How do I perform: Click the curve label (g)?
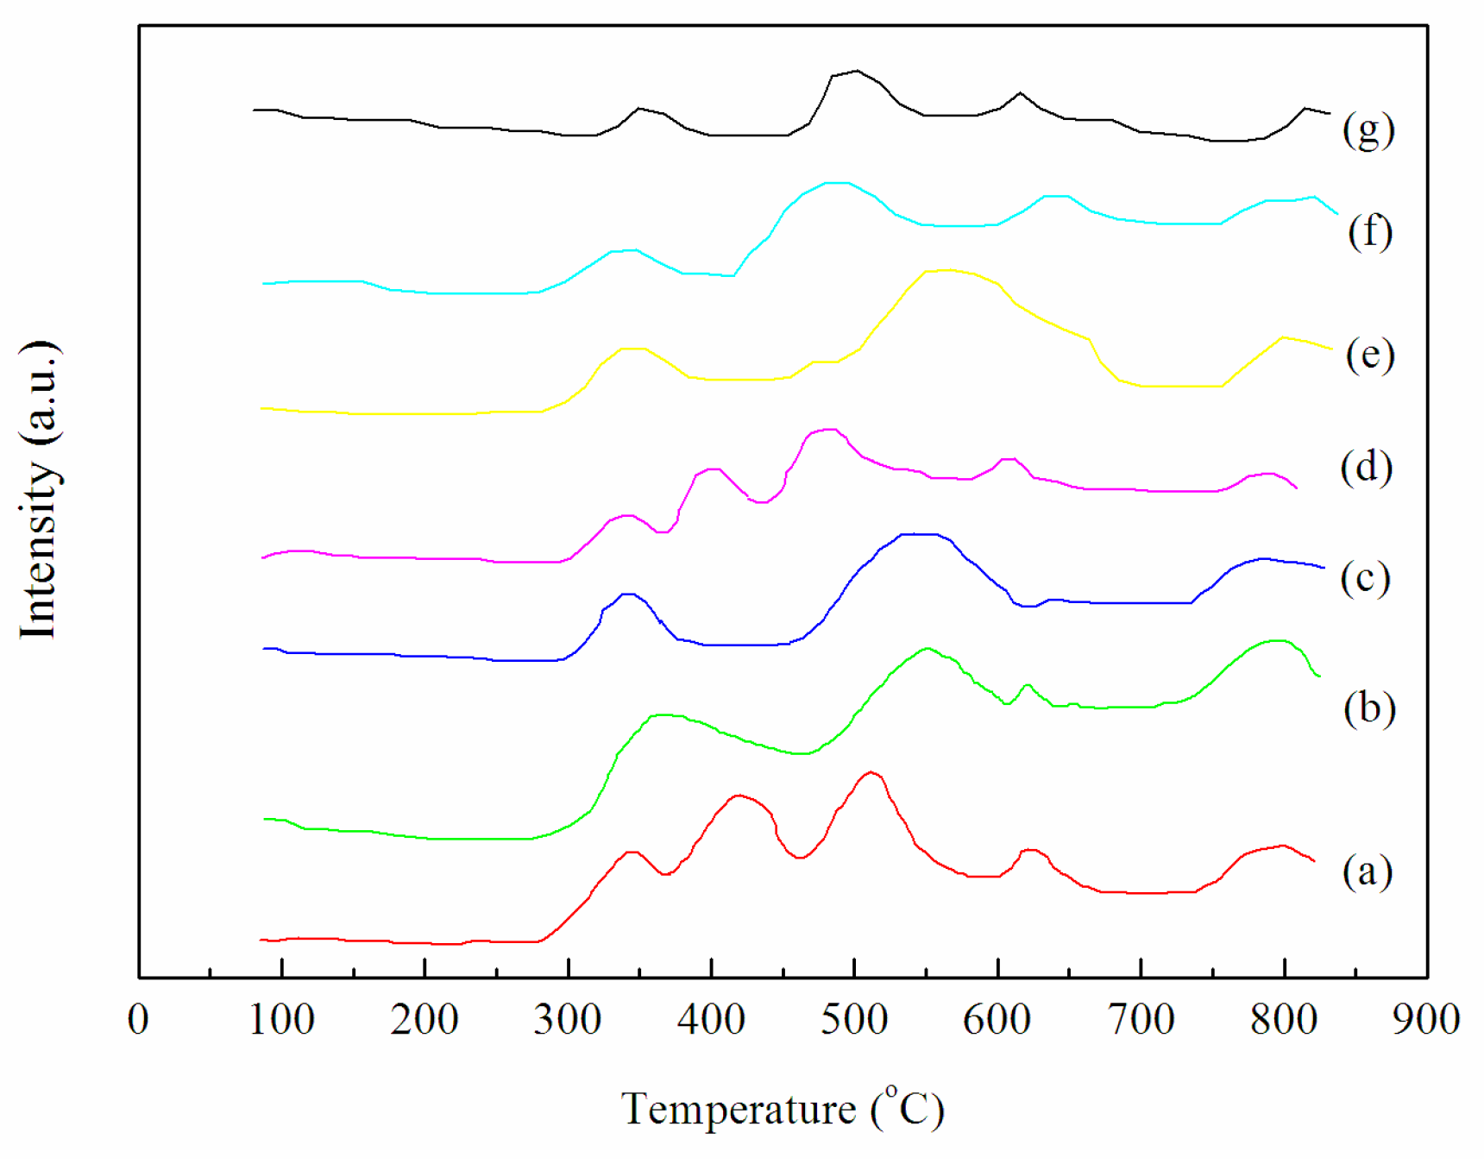click(x=1368, y=130)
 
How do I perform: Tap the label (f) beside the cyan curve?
click(x=1369, y=232)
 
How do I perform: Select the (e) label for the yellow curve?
click(x=1369, y=355)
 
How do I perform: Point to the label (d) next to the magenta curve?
click(x=1366, y=468)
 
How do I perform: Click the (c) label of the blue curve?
click(x=1365, y=578)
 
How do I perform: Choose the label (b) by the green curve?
click(x=1368, y=708)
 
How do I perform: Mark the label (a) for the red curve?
click(x=1367, y=871)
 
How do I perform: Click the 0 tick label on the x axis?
click(x=138, y=1020)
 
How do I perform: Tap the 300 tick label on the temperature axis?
click(x=567, y=1020)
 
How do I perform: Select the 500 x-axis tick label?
click(x=853, y=1020)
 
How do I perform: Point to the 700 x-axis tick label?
click(x=1141, y=1020)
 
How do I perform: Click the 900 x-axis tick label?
click(x=1426, y=1020)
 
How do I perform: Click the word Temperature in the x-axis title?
click(x=738, y=1110)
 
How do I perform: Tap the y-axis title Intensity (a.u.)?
click(x=39, y=490)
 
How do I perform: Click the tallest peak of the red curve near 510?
click(x=871, y=772)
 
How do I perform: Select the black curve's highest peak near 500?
click(x=856, y=71)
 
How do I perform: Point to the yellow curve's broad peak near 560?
click(x=947, y=270)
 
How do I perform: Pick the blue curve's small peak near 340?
click(x=627, y=594)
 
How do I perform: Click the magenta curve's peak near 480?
click(x=828, y=429)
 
